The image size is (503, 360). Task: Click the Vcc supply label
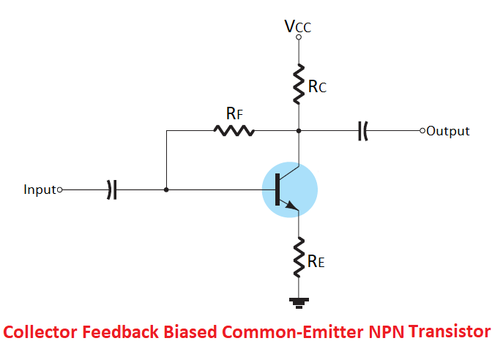tap(298, 26)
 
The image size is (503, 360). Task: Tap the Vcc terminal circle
tap(299, 37)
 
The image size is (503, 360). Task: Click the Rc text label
tap(317, 87)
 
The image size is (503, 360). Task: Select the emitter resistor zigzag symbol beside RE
tap(299, 256)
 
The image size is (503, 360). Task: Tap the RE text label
tap(316, 262)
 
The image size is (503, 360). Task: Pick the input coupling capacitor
tap(111, 190)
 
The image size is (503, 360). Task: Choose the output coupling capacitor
tap(362, 131)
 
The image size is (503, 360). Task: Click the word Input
tap(40, 190)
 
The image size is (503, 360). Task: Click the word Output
tap(448, 131)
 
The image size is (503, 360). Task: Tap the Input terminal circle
tap(60, 190)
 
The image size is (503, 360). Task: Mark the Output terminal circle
tap(422, 131)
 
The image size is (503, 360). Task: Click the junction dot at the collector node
tap(299, 131)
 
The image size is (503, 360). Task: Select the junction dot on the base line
tap(167, 190)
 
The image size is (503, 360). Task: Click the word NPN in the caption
tap(384, 332)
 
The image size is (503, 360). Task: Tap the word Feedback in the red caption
tap(119, 332)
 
